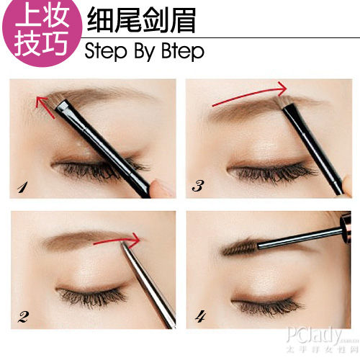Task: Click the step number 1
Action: point(22,189)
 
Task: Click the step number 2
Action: point(23,317)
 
